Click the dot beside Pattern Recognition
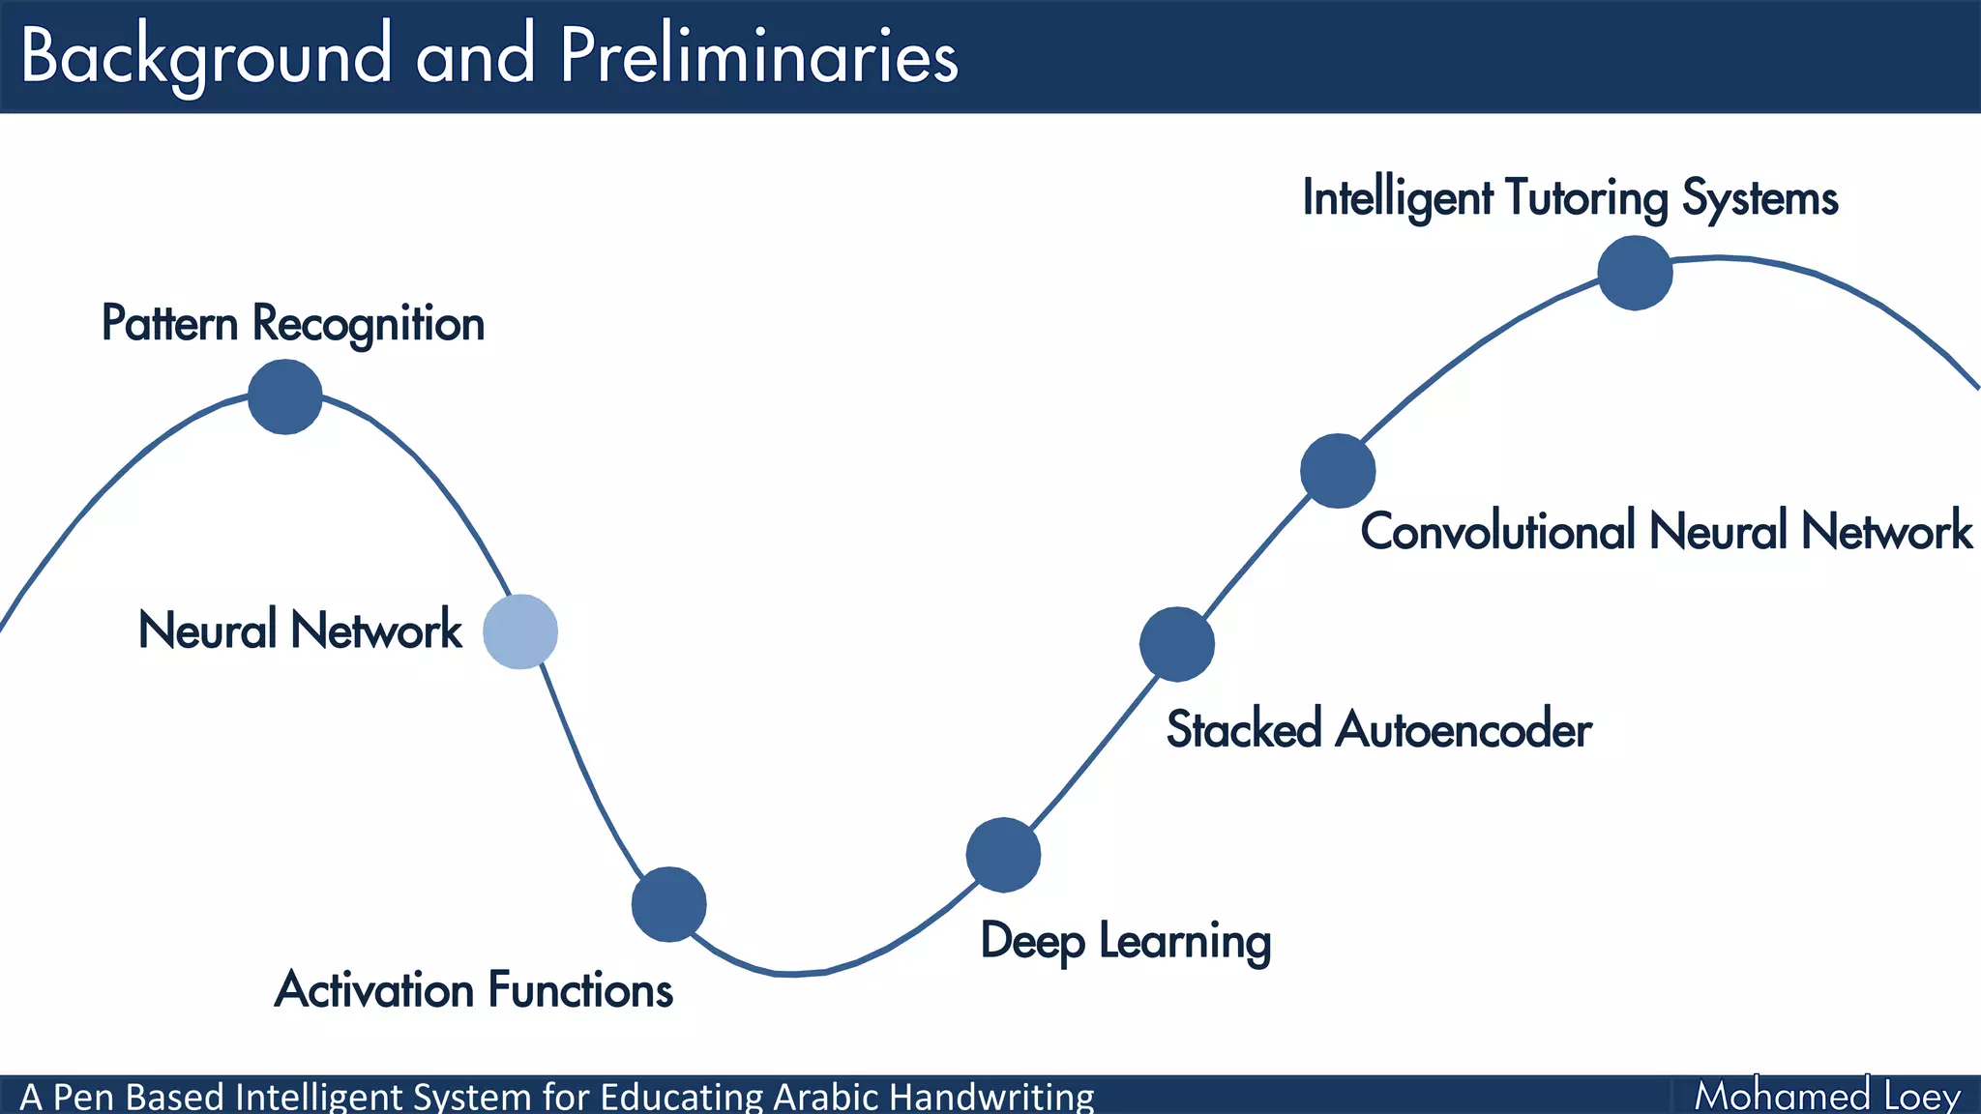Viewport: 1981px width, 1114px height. [x=284, y=396]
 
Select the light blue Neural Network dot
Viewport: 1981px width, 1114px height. [x=520, y=631]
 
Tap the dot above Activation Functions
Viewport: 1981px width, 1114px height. [x=668, y=904]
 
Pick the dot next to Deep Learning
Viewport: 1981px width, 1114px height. [x=1003, y=855]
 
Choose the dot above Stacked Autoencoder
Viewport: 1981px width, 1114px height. [x=1176, y=644]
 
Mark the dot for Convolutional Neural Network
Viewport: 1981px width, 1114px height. [x=1338, y=471]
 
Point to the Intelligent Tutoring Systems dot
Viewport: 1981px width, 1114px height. [x=1635, y=273]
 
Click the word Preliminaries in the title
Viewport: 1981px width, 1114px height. [x=759, y=56]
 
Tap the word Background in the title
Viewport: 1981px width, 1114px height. [x=206, y=56]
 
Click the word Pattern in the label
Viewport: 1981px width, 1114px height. [x=169, y=323]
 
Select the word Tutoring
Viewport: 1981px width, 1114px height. [x=1586, y=198]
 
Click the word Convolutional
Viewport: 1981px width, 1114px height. [x=1497, y=531]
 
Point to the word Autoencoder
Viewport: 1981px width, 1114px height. [x=1463, y=729]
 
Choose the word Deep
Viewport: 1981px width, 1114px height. [x=1031, y=942]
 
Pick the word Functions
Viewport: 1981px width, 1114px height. [x=580, y=990]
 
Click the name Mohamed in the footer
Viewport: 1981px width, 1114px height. [x=1782, y=1097]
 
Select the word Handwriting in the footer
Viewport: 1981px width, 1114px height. [x=991, y=1098]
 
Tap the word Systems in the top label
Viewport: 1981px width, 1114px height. [x=1759, y=198]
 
